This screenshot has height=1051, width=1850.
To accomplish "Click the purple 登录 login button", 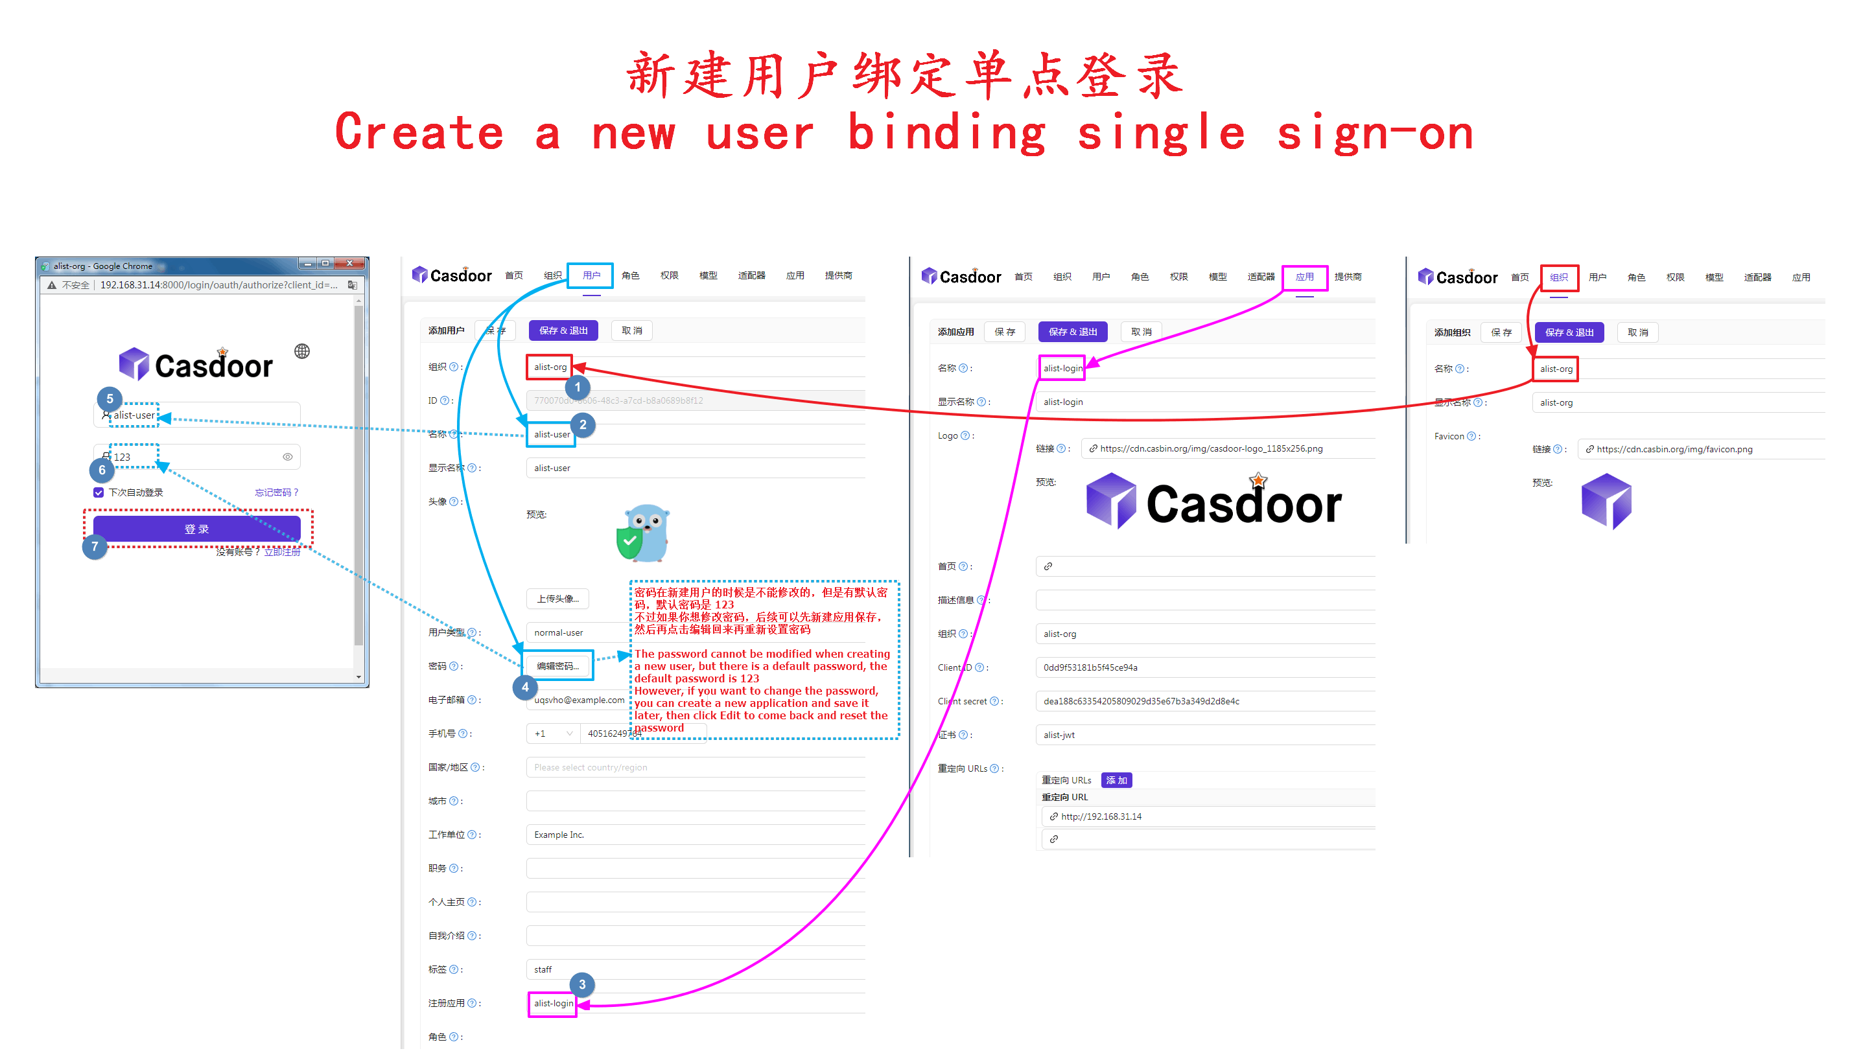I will [x=196, y=529].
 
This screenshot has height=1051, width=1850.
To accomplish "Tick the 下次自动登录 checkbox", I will [x=99, y=492].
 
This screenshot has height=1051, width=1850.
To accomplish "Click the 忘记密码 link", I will [x=275, y=492].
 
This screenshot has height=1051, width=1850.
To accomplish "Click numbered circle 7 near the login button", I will [x=95, y=546].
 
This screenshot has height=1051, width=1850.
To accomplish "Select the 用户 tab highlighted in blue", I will [x=591, y=275].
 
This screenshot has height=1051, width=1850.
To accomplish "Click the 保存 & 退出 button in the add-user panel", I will [x=563, y=330].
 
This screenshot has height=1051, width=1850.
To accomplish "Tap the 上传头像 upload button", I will [x=557, y=599].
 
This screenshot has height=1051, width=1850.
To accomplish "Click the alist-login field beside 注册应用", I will [x=553, y=1003].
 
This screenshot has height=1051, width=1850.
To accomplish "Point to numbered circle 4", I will [x=525, y=687].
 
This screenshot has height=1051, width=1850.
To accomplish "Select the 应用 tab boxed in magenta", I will [x=1304, y=277].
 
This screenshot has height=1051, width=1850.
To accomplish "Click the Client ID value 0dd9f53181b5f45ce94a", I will [x=1090, y=667].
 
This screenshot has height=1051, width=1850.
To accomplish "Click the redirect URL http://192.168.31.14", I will [x=1101, y=816].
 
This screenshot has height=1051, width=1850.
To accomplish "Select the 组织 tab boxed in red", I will [x=1558, y=277].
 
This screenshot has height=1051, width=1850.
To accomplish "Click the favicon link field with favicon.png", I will [x=1674, y=449].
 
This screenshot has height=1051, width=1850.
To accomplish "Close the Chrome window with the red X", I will [x=349, y=264].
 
